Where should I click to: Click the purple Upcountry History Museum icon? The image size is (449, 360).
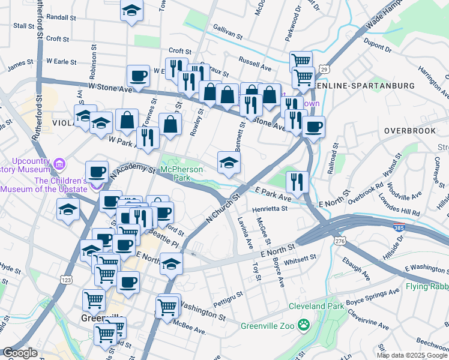tap(59, 163)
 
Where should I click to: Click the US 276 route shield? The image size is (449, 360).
tap(340, 241)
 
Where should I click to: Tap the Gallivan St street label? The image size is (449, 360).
tap(228, 32)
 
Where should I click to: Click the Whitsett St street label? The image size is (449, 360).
tap(301, 258)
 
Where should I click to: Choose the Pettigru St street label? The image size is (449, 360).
tap(228, 295)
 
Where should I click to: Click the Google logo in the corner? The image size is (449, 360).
tap(20, 353)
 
